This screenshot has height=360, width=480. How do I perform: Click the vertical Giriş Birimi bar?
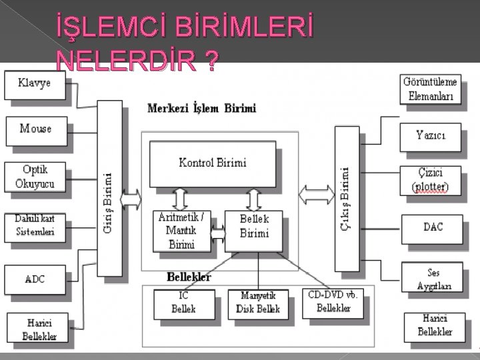109,188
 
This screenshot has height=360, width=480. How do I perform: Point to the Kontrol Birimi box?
212,163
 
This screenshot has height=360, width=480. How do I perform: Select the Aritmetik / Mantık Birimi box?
182,231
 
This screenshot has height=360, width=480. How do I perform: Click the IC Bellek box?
183,303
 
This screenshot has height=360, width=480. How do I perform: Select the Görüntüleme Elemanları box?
431,89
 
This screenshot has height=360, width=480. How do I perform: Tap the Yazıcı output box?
431,135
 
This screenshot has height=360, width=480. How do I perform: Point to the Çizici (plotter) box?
431,180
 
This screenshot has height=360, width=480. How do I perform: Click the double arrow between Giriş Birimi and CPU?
131,199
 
